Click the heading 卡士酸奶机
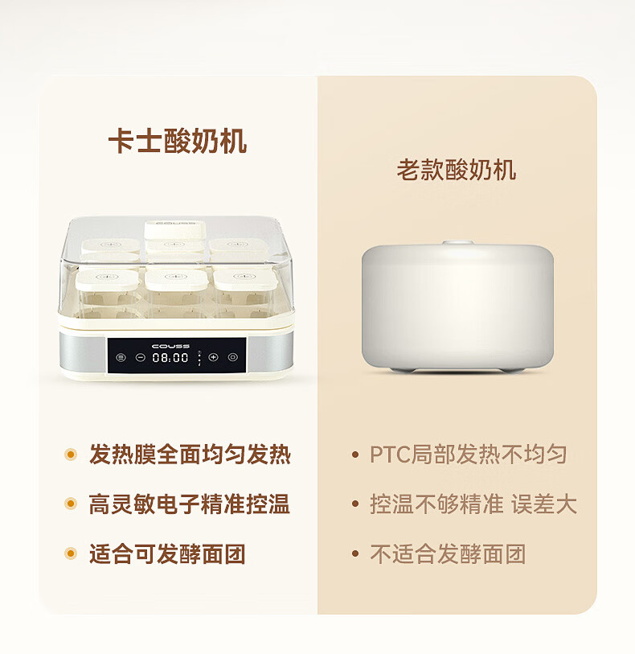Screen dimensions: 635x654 coord(178,142)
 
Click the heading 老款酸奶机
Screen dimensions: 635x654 coord(457,170)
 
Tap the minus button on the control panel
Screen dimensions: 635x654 coord(141,357)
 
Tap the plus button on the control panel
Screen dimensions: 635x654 coord(213,357)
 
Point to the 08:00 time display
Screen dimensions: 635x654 coord(170,357)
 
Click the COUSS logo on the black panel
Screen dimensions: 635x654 coord(171,346)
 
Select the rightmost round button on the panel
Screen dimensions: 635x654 coord(233,357)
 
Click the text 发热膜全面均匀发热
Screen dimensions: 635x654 coord(190,455)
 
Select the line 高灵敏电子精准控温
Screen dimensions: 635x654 coord(189,504)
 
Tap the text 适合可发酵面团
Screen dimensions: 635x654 coord(167,554)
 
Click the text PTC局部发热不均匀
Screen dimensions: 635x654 coord(469,455)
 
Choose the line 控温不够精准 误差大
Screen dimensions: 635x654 coord(473,504)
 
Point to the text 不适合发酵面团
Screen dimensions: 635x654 coord(448,554)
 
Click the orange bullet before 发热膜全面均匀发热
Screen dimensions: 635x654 coord(71,455)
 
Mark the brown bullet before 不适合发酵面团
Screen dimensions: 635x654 coord(355,554)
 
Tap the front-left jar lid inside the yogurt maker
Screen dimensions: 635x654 coord(107,279)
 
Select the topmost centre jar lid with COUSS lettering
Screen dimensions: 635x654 coord(175,229)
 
